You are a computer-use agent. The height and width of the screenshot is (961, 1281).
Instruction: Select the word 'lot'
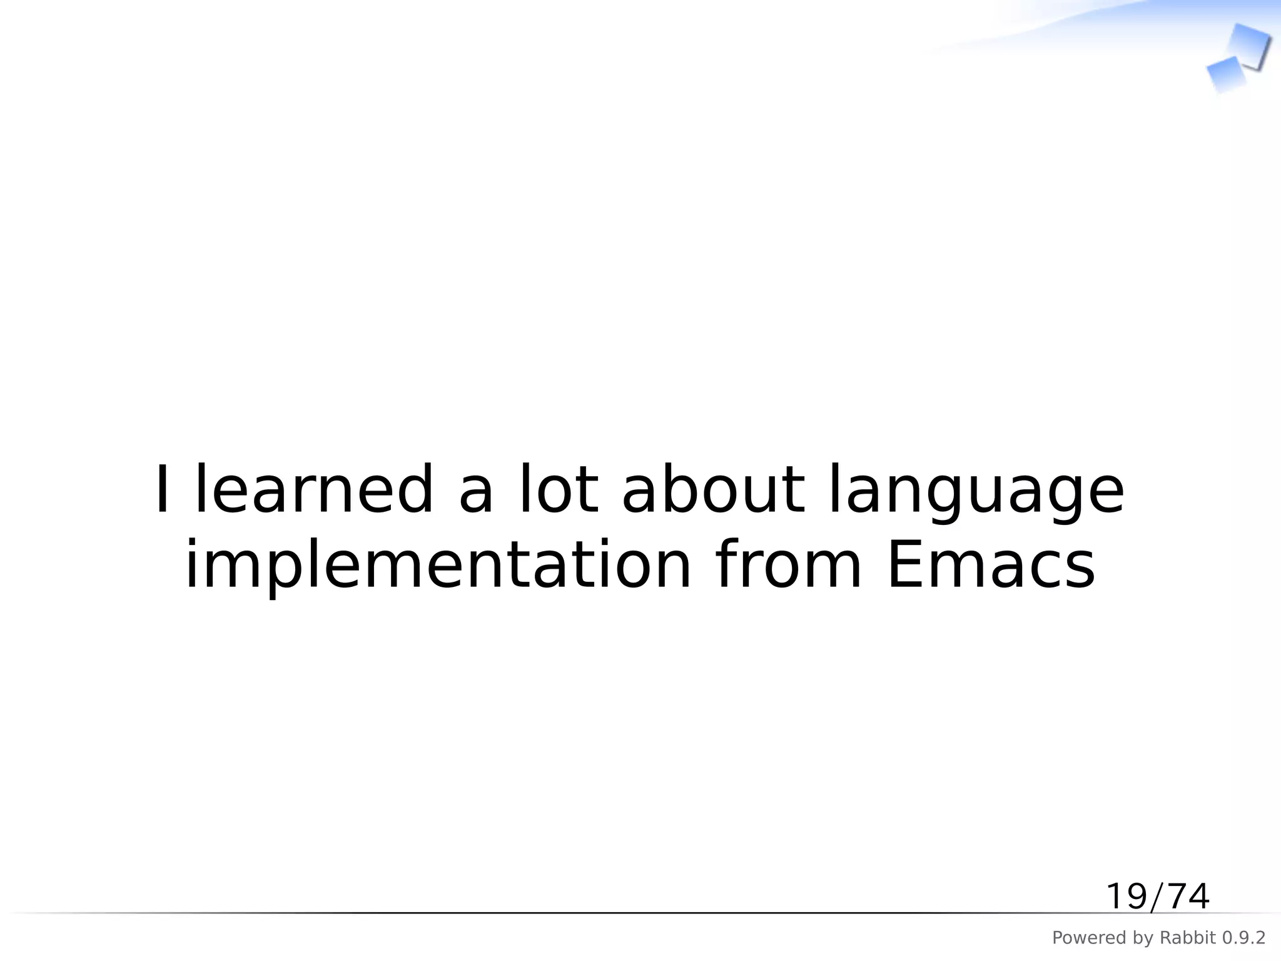tap(559, 489)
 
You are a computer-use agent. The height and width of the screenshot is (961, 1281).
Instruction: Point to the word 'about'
tap(713, 489)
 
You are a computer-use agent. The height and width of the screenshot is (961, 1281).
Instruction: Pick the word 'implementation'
tap(438, 565)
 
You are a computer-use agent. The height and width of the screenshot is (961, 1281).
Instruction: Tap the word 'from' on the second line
tap(788, 565)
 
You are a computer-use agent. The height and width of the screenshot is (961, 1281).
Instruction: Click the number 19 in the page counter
tap(1126, 897)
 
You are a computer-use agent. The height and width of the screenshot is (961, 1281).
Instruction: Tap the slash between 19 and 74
tap(1157, 897)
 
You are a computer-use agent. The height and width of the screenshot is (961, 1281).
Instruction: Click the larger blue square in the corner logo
tap(1250, 45)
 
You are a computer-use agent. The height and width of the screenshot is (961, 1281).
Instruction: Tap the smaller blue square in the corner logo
tap(1224, 74)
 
